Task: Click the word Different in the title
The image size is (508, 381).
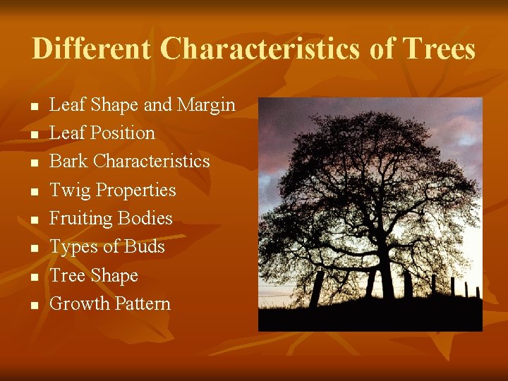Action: click(x=91, y=49)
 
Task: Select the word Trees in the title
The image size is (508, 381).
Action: click(x=438, y=49)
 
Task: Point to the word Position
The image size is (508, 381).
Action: click(x=122, y=133)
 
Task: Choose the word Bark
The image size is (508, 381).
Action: click(x=68, y=161)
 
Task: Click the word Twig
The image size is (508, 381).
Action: click(x=69, y=190)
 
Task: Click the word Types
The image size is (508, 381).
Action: click(x=74, y=246)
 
